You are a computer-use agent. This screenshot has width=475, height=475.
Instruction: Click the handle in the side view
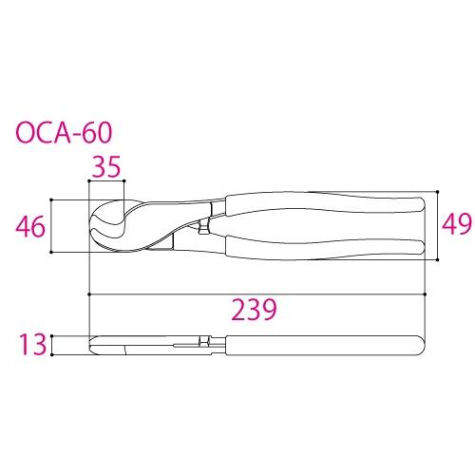tap(323, 344)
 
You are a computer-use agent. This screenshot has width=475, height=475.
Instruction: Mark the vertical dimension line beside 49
tap(435, 224)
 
